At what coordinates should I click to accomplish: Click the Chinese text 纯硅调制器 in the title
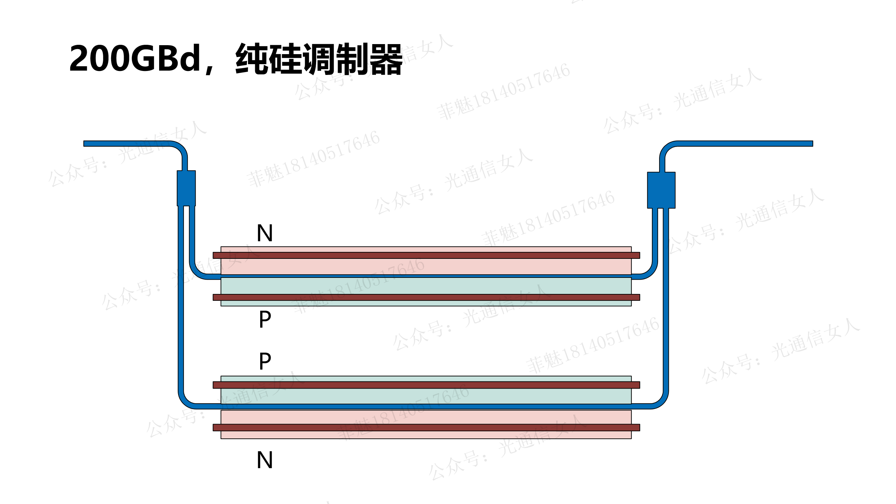pyautogui.click(x=319, y=59)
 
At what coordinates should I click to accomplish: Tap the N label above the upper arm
pyautogui.click(x=265, y=233)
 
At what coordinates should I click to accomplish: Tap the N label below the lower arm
pyautogui.click(x=265, y=460)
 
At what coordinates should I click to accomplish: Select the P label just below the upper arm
pyautogui.click(x=265, y=319)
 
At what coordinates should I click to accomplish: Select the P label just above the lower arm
pyautogui.click(x=265, y=361)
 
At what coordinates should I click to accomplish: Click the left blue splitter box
pyautogui.click(x=186, y=188)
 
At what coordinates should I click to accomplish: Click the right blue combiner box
pyautogui.click(x=661, y=190)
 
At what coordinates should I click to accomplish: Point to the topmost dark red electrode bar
pyautogui.click(x=426, y=255)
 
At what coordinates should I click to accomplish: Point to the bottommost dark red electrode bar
pyautogui.click(x=426, y=427)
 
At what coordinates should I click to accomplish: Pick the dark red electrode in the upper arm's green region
pyautogui.click(x=426, y=297)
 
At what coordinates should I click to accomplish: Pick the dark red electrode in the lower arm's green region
pyautogui.click(x=426, y=385)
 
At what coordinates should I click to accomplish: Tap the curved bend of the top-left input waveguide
pyautogui.click(x=180, y=149)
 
